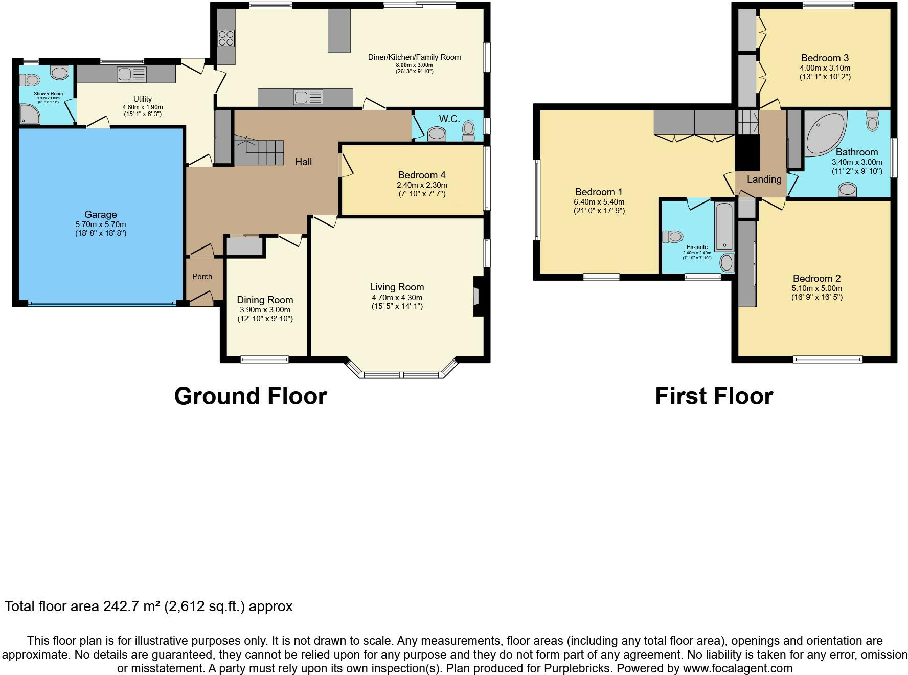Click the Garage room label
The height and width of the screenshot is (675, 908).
(101, 215)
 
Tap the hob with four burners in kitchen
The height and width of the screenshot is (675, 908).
(226, 38)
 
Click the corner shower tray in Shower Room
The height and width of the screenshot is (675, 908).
(29, 115)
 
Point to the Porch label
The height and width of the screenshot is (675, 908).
(202, 277)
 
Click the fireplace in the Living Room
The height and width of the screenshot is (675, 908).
(478, 297)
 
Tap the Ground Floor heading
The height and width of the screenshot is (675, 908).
(250, 396)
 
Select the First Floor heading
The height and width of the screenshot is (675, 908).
(714, 396)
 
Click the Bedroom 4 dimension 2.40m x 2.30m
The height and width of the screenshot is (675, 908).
(422, 185)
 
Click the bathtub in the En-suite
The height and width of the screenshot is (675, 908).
(724, 227)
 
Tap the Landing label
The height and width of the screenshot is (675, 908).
(764, 179)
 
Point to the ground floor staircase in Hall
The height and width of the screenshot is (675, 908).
(259, 151)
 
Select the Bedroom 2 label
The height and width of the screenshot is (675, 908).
(816, 279)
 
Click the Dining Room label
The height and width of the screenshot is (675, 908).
(265, 300)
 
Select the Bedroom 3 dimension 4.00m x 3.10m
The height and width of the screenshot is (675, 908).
(825, 68)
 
